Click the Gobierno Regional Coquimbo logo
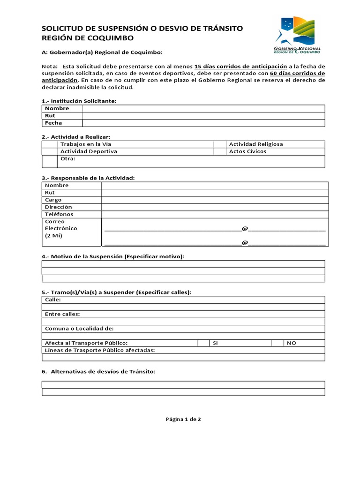297,36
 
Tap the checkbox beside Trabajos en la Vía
50,144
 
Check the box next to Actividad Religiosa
220,144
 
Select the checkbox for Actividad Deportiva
50,151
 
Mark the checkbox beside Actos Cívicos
220,151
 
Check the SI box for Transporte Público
203,343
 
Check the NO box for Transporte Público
277,343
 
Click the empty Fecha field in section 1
203,123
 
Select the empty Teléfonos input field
215,214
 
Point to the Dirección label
59,207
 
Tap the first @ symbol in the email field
244,228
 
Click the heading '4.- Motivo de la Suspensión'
113,256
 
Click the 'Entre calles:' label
62,314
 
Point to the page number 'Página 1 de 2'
183,420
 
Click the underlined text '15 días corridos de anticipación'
240,67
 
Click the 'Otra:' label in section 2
68,158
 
